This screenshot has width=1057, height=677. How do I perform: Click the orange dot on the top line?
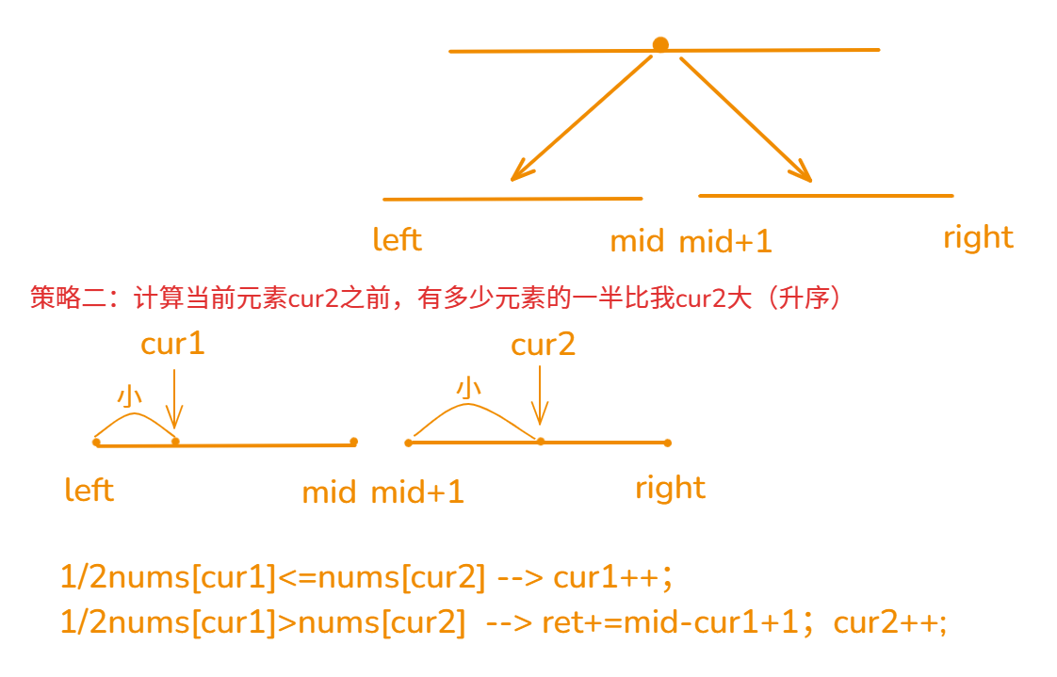pyautogui.click(x=660, y=44)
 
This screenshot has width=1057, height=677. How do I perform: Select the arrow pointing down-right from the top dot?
pyautogui.click(x=745, y=118)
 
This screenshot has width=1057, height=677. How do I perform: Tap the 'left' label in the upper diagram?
pyautogui.click(x=397, y=239)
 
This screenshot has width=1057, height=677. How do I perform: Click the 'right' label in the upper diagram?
pyautogui.click(x=978, y=237)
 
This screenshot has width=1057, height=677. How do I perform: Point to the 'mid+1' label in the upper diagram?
pyautogui.click(x=725, y=242)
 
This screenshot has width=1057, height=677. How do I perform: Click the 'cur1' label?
pyautogui.click(x=172, y=344)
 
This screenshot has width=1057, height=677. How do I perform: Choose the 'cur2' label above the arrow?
pyautogui.click(x=543, y=345)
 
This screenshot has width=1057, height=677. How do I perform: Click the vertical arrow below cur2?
pyautogui.click(x=540, y=395)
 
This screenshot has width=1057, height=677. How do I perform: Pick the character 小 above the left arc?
pyautogui.click(x=129, y=396)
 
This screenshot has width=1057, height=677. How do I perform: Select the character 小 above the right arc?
pyautogui.click(x=468, y=387)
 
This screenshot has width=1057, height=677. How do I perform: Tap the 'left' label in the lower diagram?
pyautogui.click(x=89, y=491)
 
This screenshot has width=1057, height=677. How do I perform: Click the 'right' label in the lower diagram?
pyautogui.click(x=670, y=488)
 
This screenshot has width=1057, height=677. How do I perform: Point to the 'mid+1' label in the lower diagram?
pyautogui.click(x=417, y=492)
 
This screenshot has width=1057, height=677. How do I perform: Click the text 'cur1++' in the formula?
pyautogui.click(x=607, y=577)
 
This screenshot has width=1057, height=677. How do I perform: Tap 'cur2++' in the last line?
pyautogui.click(x=889, y=622)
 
